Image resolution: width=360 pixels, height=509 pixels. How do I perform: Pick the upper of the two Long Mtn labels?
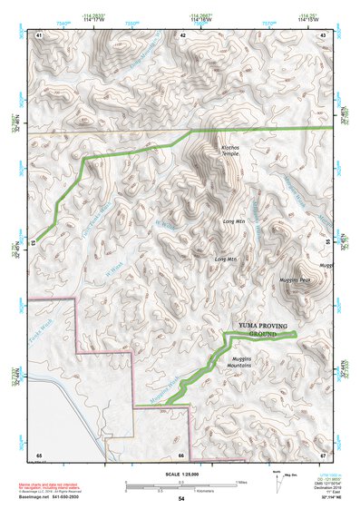234,221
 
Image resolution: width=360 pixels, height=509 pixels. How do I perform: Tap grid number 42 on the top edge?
183,34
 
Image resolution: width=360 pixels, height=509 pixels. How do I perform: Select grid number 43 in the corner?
324,34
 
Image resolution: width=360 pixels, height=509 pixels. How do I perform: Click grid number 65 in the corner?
39,454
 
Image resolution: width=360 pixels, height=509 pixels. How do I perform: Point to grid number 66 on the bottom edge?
181,454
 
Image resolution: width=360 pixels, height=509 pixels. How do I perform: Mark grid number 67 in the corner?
324,454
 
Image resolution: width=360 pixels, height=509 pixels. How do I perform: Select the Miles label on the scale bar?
242,482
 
